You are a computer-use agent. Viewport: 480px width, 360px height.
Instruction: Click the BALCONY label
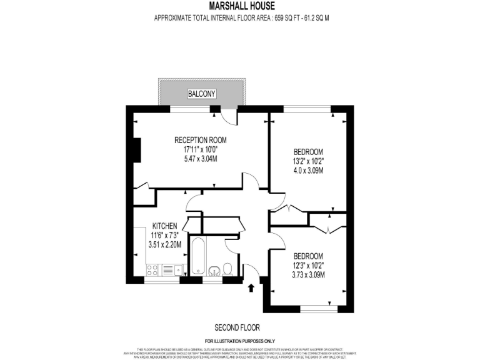click(201, 94)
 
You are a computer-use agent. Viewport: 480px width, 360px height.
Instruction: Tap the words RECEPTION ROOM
click(200, 139)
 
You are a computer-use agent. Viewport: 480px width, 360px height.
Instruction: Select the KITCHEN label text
click(165, 226)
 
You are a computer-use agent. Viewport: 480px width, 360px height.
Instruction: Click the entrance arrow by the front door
click(251, 288)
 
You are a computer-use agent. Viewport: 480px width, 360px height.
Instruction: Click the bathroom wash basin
click(214, 271)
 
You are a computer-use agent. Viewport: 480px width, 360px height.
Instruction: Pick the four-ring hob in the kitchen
click(152, 270)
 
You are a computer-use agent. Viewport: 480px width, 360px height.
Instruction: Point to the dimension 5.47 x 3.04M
click(200, 159)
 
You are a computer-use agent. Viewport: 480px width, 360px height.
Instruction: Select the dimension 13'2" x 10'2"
click(308, 161)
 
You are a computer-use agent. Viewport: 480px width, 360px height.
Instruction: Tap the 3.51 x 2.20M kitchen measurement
click(165, 244)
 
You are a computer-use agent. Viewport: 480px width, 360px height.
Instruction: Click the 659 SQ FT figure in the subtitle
click(290, 18)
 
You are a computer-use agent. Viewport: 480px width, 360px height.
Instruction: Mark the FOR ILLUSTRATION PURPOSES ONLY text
click(241, 342)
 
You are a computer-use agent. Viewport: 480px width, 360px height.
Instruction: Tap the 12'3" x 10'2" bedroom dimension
click(308, 266)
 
